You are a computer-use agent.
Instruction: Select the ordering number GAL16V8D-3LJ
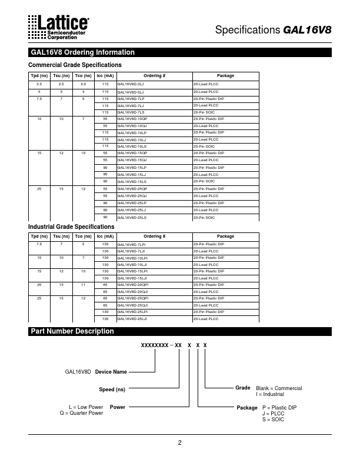(x=131, y=85)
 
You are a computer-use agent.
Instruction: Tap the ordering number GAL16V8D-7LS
(x=131, y=112)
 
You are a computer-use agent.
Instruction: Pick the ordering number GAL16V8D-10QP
(x=132, y=119)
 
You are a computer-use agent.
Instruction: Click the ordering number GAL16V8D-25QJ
(x=132, y=195)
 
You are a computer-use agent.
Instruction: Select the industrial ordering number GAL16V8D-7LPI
(x=132, y=244)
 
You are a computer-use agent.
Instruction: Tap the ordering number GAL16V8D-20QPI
(x=133, y=284)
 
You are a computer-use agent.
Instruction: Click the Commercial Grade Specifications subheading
(x=75, y=65)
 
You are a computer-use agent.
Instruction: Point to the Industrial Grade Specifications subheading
(x=72, y=227)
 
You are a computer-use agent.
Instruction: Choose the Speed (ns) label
(x=112, y=390)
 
